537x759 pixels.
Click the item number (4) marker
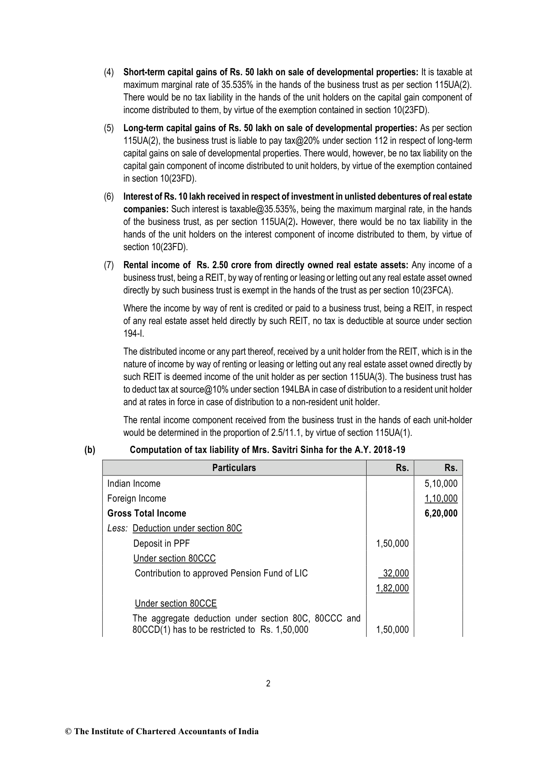[109, 72]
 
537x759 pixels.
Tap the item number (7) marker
[109, 265]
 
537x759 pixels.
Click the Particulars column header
[234, 468]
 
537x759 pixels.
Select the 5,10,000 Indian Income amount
[441, 484]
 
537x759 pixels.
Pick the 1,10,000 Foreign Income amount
[441, 498]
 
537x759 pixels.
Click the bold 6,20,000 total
[441, 513]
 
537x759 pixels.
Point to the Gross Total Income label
[147, 513]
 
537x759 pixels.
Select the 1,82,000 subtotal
[392, 588]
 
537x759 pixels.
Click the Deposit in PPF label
[161, 544]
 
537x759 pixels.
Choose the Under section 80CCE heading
[176, 604]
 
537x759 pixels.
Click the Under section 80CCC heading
[174, 558]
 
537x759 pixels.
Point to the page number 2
[268, 684]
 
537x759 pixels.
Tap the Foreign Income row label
[137, 498]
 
